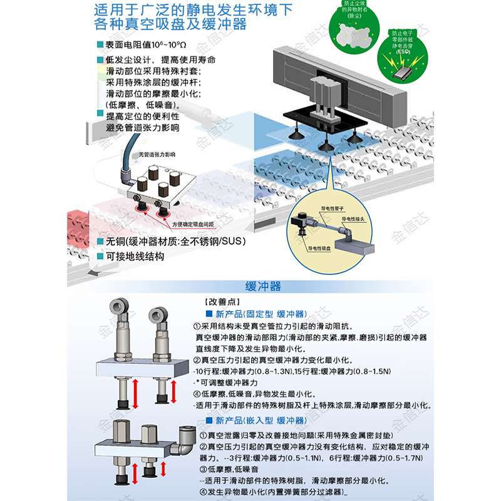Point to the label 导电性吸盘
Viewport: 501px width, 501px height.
click(x=321, y=248)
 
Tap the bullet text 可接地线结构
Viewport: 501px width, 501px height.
click(x=135, y=256)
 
